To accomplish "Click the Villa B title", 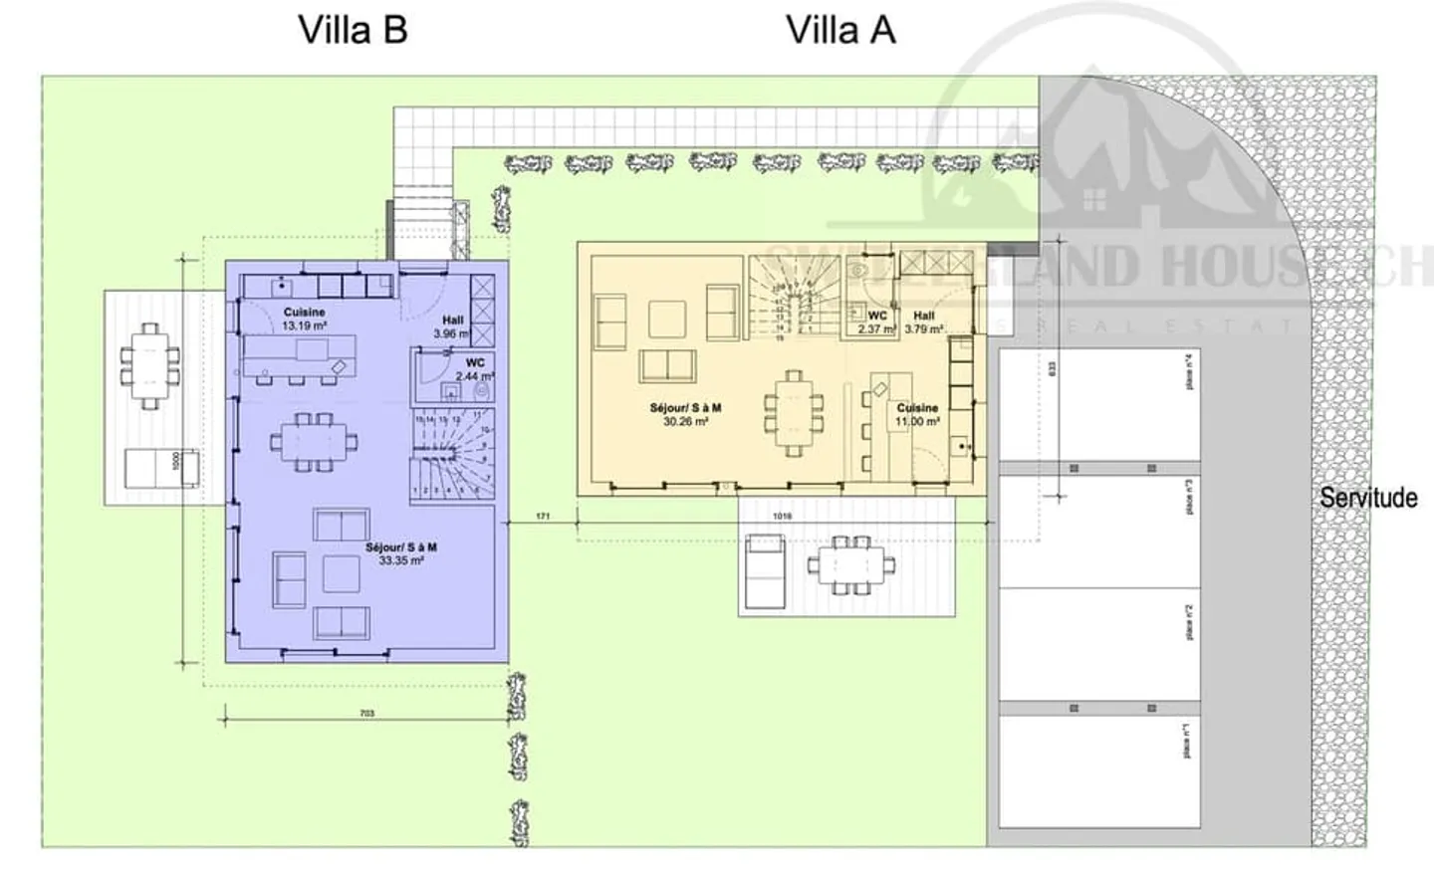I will click(353, 30).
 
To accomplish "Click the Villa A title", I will click(840, 30).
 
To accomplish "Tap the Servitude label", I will click(1368, 497).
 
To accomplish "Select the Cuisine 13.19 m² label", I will click(304, 319).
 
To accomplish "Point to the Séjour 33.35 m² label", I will click(400, 554).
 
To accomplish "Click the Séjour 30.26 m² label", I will click(685, 414).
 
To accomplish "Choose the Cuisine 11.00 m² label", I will click(917, 414).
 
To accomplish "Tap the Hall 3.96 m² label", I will click(452, 327).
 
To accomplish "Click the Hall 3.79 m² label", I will click(923, 322).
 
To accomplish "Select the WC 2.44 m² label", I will click(474, 369).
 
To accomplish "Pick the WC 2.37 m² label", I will click(876, 322).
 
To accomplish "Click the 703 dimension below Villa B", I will click(366, 713).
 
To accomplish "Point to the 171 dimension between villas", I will click(543, 517).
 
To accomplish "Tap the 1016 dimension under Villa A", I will click(782, 517).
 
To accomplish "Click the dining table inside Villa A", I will click(794, 412).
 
